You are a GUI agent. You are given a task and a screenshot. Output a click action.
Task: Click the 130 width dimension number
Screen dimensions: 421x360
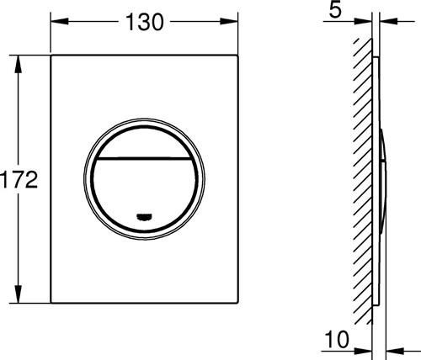click(145, 22)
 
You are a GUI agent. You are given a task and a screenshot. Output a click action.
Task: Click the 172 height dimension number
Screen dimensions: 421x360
click(19, 179)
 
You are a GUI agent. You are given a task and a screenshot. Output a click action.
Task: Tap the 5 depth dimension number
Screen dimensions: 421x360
click(335, 9)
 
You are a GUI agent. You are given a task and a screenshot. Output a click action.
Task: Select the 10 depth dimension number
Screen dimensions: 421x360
click(337, 339)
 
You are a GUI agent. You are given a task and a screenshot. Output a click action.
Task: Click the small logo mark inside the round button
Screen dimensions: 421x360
click(144, 216)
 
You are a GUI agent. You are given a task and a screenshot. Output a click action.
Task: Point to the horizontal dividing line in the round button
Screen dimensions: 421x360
click(144, 158)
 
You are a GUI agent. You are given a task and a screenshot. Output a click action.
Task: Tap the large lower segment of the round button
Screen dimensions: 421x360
click(144, 193)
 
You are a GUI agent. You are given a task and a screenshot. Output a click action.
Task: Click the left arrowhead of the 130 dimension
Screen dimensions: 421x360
click(60, 21)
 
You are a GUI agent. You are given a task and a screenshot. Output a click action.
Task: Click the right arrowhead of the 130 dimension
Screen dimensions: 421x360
click(229, 21)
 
